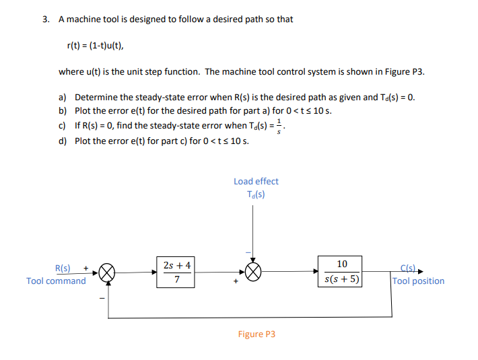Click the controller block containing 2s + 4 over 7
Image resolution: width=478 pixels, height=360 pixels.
[176, 272]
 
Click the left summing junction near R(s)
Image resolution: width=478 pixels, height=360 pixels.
[107, 273]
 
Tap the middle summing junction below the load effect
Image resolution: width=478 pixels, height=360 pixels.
[252, 272]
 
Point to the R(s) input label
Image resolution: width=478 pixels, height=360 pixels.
[63, 267]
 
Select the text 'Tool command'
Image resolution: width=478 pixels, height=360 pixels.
[56, 281]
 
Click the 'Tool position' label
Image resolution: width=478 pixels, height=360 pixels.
[418, 281]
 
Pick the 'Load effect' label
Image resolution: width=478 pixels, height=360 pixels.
[256, 181]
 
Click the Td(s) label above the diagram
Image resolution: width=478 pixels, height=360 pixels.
[256, 194]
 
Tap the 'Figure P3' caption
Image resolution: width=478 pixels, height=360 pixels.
[257, 334]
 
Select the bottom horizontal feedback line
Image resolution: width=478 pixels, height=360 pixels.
[249, 316]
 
